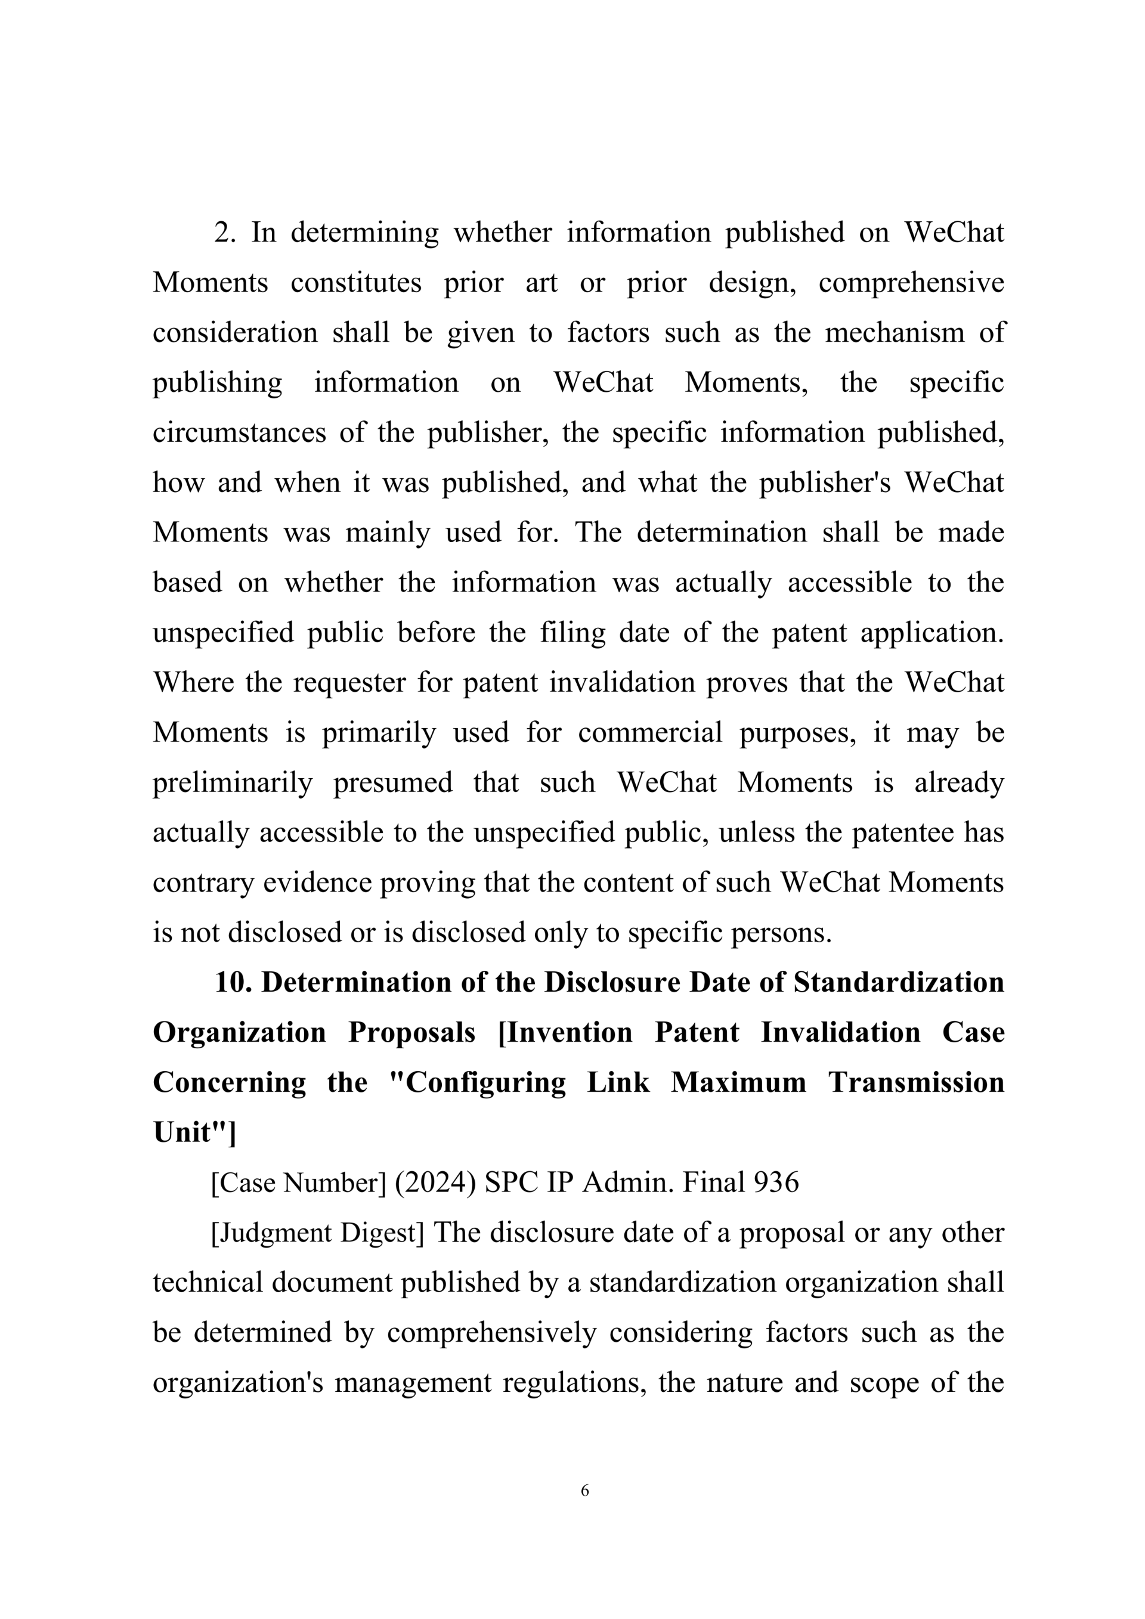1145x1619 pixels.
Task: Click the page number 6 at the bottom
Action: pyautogui.click(x=584, y=1490)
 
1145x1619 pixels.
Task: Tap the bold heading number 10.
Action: pyautogui.click(x=233, y=982)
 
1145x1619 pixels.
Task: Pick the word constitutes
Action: pyautogui.click(x=356, y=283)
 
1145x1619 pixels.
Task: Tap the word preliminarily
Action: pyautogui.click(x=233, y=783)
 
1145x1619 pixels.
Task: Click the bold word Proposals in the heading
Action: pyautogui.click(x=411, y=1032)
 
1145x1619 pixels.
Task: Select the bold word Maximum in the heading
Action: pyautogui.click(x=738, y=1082)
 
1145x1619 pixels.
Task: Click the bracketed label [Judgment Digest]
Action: pyautogui.click(x=318, y=1233)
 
